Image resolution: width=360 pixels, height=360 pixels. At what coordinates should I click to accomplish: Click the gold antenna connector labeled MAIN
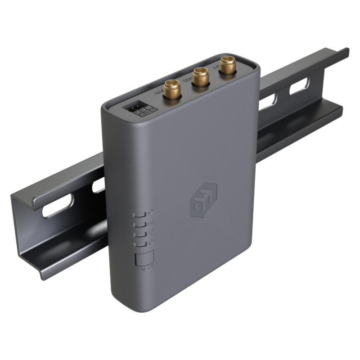pyautogui.click(x=172, y=89)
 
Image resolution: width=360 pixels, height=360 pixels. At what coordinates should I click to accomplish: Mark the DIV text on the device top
pyautogui.click(x=216, y=68)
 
